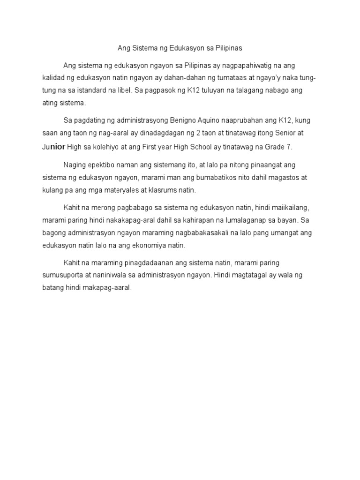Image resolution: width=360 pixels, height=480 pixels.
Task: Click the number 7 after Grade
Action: coord(290,147)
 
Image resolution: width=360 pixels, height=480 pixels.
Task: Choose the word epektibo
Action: coord(100,165)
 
